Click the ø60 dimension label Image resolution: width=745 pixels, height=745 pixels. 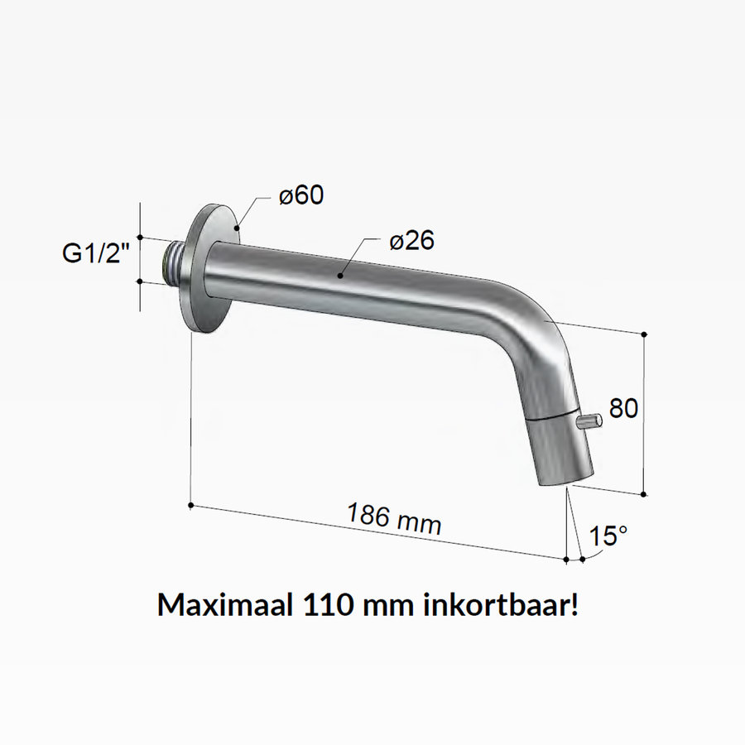pos(301,196)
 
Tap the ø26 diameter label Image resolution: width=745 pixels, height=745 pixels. pos(411,241)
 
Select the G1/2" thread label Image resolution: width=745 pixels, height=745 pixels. pos(98,254)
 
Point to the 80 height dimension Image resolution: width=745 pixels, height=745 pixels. pos(623,408)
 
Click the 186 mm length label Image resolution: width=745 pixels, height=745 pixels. pos(393,519)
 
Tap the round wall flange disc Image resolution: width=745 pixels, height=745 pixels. pos(209,269)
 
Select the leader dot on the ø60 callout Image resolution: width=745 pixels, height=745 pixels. pos(238,225)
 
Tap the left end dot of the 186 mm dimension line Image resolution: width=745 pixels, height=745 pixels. pos(191,504)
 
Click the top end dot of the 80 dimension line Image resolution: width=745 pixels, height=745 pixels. pos(645,334)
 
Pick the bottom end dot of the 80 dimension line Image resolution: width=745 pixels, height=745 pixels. pos(645,493)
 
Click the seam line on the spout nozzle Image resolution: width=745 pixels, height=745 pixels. pos(551,416)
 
